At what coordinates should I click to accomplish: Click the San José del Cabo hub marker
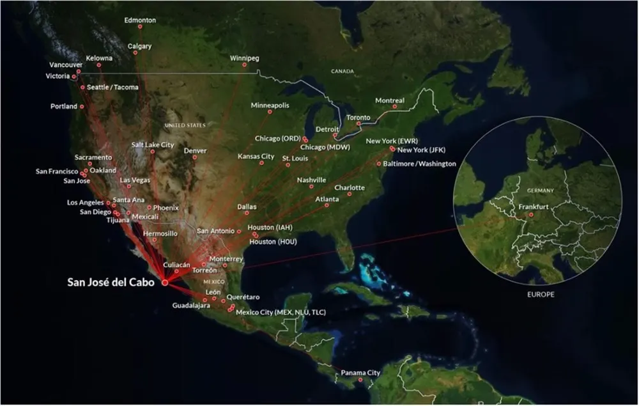[x=164, y=282]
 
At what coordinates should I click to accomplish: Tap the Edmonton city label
[x=140, y=20]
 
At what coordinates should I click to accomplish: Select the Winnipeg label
[x=245, y=58]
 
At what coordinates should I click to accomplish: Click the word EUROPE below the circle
[x=541, y=295]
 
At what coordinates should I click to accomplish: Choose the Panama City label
[x=360, y=373]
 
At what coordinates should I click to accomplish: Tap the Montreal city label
[x=389, y=100]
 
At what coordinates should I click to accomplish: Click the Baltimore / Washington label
[x=419, y=164]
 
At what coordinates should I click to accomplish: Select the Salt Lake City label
[x=153, y=145]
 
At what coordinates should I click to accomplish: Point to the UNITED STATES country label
[x=185, y=125]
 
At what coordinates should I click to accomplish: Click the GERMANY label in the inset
[x=541, y=191]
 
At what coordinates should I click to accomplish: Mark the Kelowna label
[x=99, y=58]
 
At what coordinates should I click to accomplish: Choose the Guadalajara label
[x=191, y=306]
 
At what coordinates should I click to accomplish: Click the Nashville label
[x=312, y=180]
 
